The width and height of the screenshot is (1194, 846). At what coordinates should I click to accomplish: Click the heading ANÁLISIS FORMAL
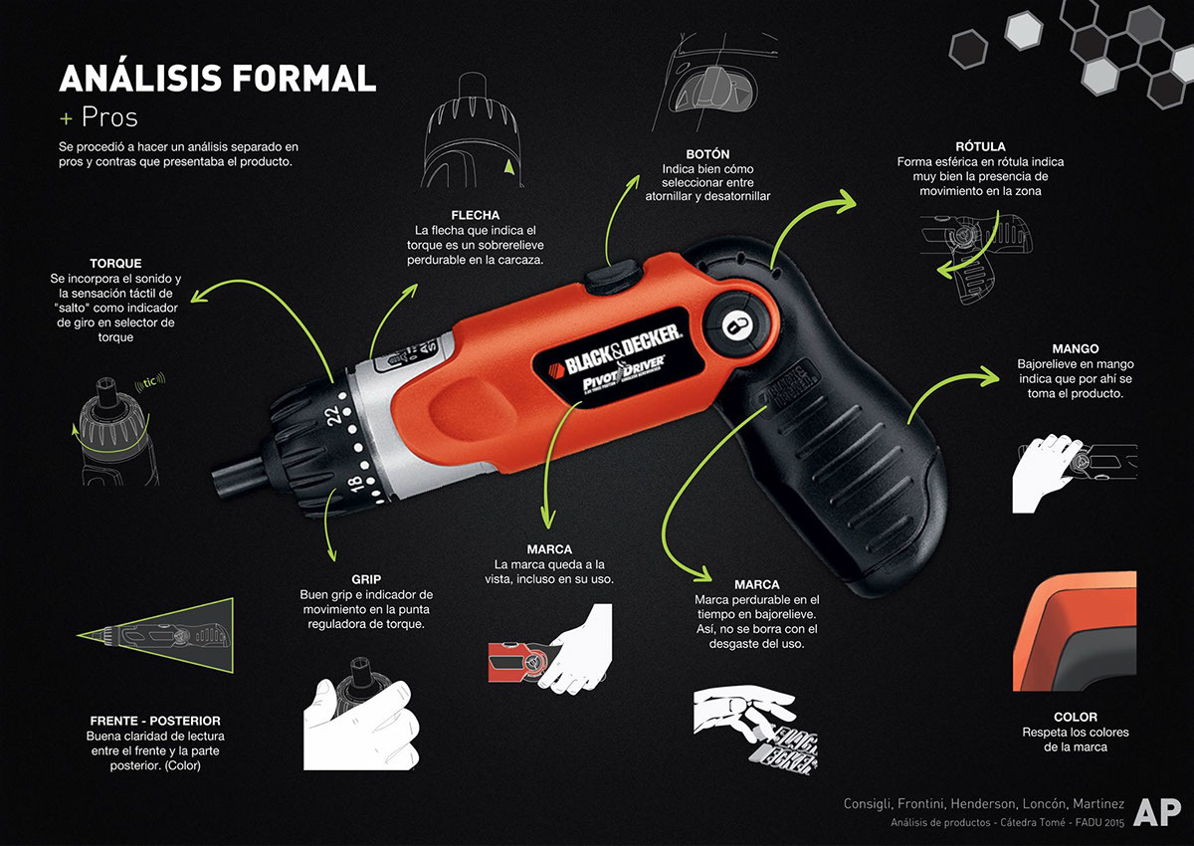point(217,78)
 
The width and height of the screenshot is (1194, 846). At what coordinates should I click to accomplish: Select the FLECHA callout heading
point(475,215)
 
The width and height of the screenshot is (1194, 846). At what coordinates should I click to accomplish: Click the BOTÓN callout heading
point(707,154)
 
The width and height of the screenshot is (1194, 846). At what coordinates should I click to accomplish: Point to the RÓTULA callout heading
point(979,146)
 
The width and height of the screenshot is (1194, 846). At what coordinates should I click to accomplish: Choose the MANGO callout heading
point(1075,349)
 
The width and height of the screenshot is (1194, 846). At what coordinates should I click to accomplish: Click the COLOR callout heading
point(1075,717)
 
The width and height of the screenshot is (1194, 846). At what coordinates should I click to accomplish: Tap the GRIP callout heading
point(366,578)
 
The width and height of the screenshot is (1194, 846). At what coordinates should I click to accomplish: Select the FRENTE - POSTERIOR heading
point(153,721)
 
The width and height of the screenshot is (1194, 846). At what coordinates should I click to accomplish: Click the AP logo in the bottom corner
point(1156,812)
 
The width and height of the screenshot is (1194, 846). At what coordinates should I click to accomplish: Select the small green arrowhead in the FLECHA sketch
point(509,169)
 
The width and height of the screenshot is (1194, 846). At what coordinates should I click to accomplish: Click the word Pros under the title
point(108,117)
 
